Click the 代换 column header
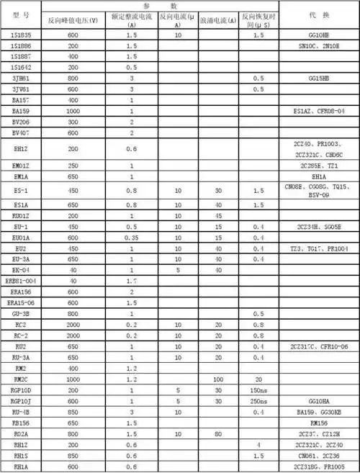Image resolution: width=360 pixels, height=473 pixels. click(319, 14)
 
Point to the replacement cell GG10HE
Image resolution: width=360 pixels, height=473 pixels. click(319, 35)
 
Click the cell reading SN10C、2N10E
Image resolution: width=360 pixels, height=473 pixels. click(319, 45)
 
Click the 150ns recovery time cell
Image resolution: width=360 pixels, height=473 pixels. click(258, 389)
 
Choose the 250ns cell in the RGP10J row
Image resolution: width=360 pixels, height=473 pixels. click(258, 400)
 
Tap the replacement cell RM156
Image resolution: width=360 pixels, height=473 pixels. click(319, 423)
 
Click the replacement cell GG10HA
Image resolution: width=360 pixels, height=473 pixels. click(319, 400)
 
